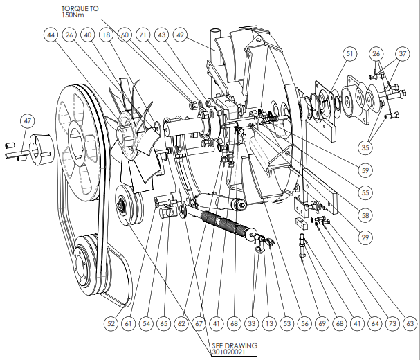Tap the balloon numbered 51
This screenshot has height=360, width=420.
click(349, 54)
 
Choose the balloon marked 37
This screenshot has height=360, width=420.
click(401, 54)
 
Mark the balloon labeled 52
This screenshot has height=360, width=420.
click(111, 323)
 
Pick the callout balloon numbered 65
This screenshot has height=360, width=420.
click(164, 323)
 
